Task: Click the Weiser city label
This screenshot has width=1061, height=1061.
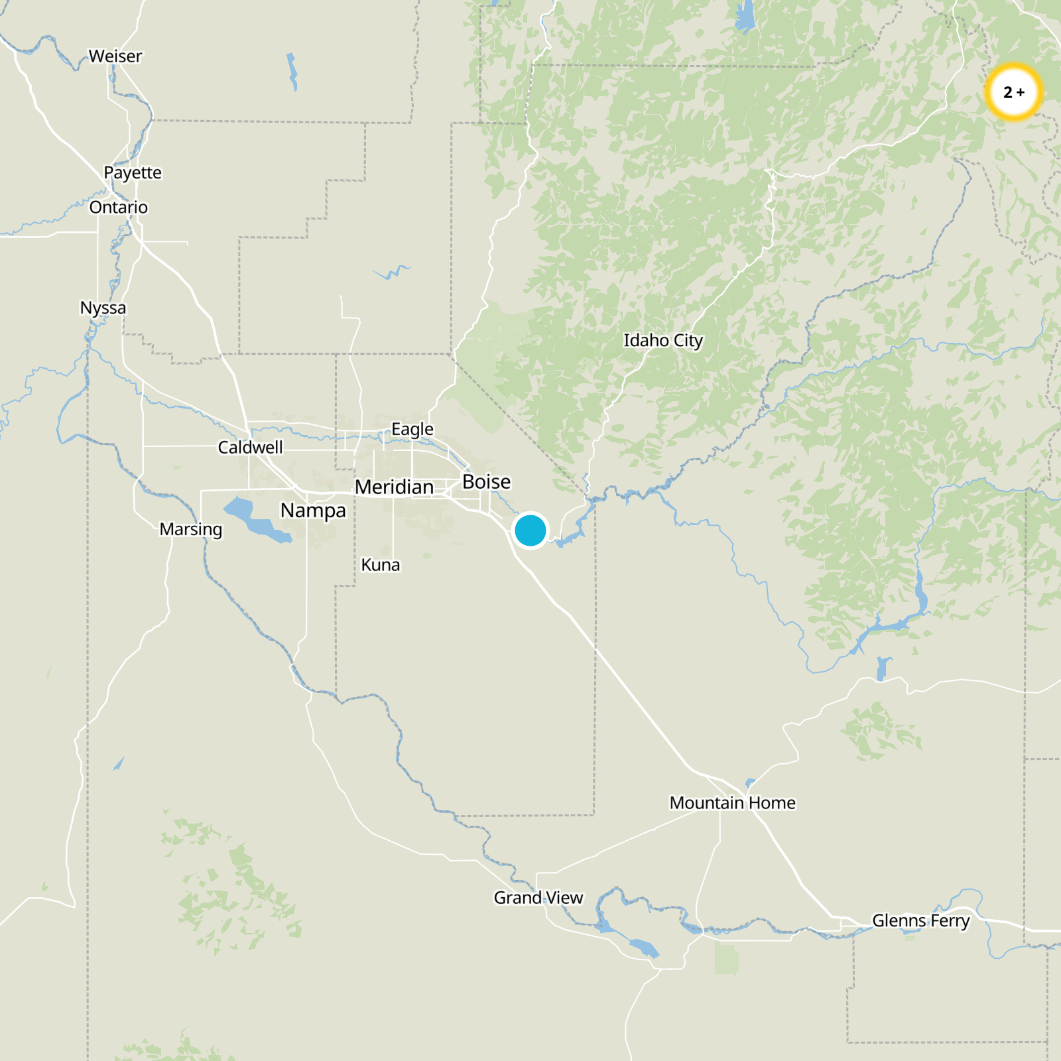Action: (x=115, y=56)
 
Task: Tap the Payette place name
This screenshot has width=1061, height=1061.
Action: (x=133, y=173)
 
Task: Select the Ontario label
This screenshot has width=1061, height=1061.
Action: (x=119, y=208)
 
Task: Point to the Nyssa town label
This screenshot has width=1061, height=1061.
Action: (x=103, y=308)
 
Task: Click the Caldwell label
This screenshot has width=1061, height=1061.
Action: (x=250, y=448)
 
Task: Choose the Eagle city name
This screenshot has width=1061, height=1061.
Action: (x=412, y=430)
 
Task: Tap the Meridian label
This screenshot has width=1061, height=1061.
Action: (x=394, y=487)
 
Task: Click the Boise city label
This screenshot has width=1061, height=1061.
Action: (x=487, y=482)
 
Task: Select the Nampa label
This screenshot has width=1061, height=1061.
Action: (x=313, y=511)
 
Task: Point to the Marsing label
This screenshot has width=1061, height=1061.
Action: (x=191, y=529)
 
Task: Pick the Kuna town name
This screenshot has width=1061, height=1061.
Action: (x=381, y=565)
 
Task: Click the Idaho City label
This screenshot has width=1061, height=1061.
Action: (x=663, y=341)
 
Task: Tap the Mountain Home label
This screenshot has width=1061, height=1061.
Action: (x=732, y=803)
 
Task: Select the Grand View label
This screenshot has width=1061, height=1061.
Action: (x=538, y=898)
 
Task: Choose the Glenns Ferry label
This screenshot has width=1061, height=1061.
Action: (x=920, y=921)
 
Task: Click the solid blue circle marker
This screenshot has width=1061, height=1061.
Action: (x=530, y=530)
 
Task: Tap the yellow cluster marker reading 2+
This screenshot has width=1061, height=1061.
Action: (x=1013, y=92)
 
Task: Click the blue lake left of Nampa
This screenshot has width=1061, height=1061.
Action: (x=252, y=519)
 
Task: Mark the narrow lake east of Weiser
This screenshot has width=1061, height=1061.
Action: (x=292, y=71)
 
